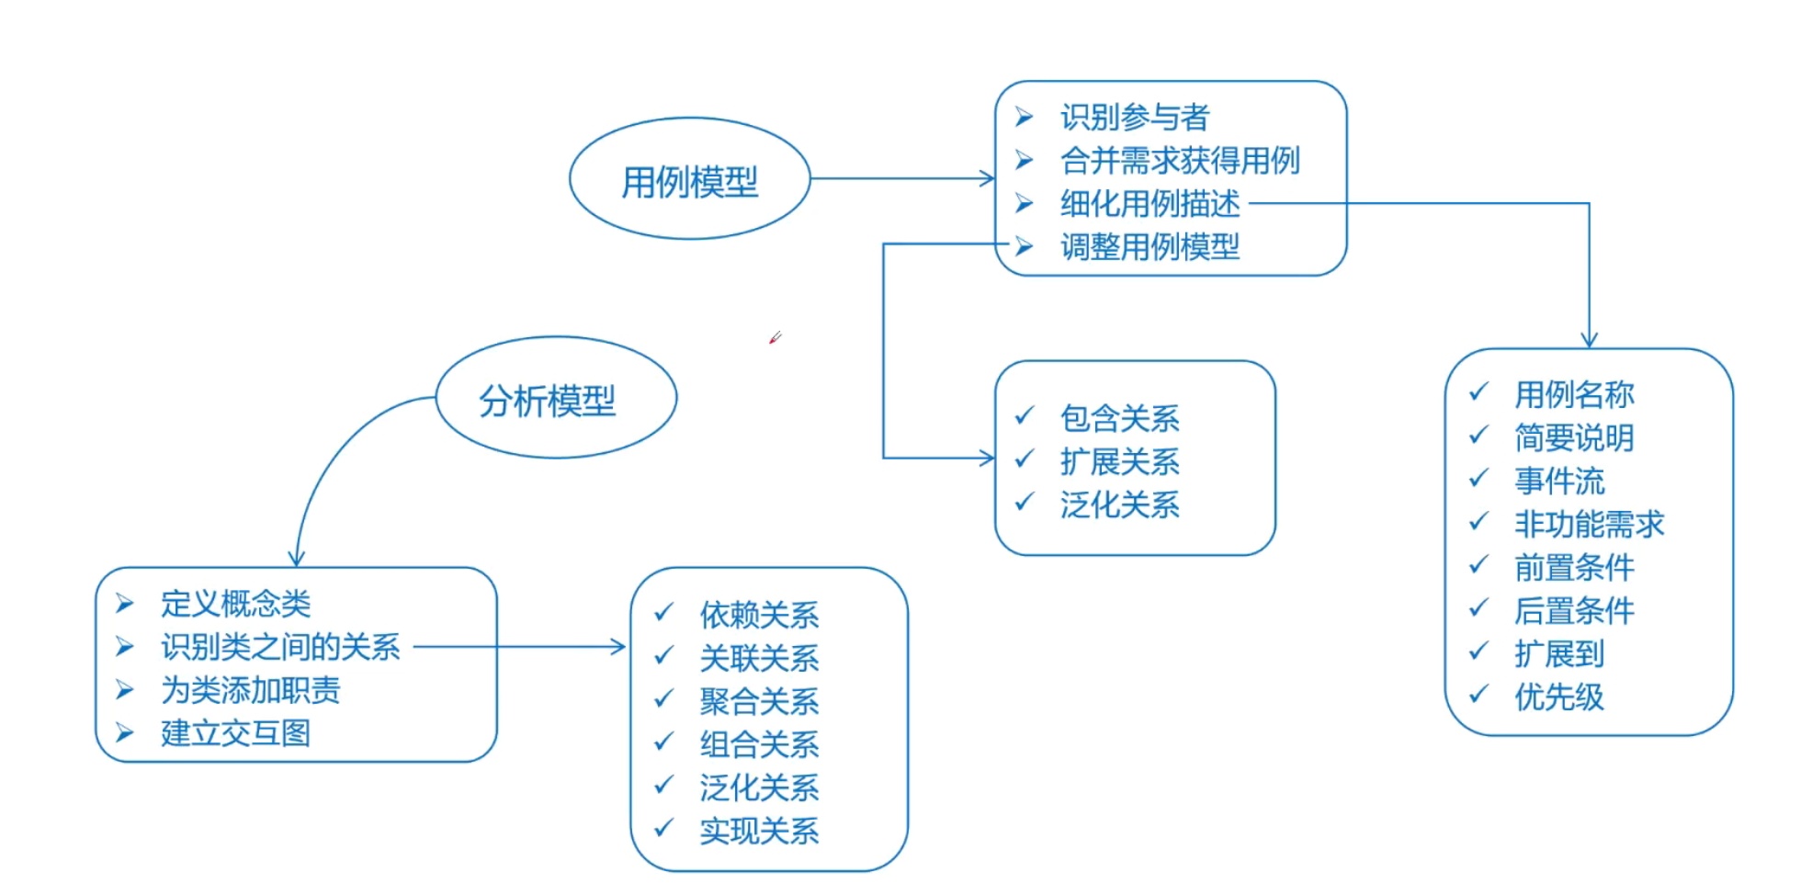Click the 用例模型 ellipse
click(689, 180)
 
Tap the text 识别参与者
click(1134, 118)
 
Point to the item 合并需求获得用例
click(1180, 161)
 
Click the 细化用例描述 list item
click(1149, 204)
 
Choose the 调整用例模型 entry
click(1149, 246)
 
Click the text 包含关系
click(1119, 418)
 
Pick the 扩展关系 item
click(1119, 461)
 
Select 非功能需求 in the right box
click(1589, 525)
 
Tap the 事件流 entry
click(1559, 481)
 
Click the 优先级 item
click(1559, 697)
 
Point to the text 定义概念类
click(235, 604)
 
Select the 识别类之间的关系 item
click(280, 647)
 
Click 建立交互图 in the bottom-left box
click(235, 733)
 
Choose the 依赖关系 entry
click(759, 615)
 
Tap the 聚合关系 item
click(759, 701)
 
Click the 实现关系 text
click(759, 831)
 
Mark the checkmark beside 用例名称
click(1478, 392)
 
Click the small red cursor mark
click(775, 338)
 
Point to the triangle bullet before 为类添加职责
click(125, 690)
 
